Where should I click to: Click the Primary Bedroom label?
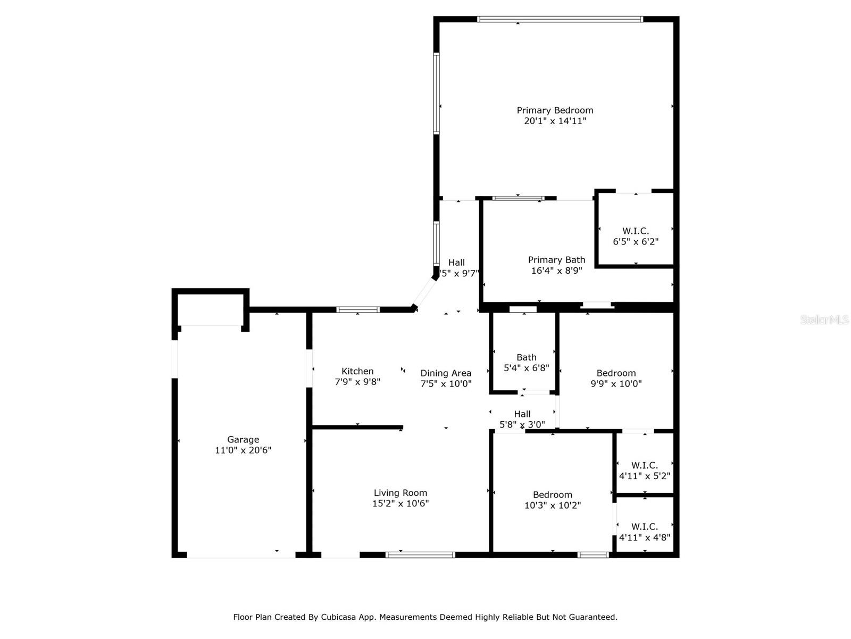(x=555, y=110)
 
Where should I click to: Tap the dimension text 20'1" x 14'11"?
(x=555, y=121)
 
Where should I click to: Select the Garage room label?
(x=243, y=439)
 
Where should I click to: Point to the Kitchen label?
(x=357, y=371)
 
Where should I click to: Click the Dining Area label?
(x=446, y=373)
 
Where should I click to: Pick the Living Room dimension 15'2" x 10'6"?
(x=400, y=503)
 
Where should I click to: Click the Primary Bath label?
(x=556, y=260)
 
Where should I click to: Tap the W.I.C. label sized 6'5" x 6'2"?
(x=636, y=231)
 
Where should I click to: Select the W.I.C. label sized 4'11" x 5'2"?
(x=645, y=465)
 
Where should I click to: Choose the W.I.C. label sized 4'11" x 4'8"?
(x=645, y=527)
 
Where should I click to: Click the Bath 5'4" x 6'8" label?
(x=526, y=357)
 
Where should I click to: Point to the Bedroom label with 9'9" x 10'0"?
(x=616, y=373)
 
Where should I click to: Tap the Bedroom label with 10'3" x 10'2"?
(x=553, y=495)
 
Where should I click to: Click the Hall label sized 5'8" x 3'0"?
(x=522, y=414)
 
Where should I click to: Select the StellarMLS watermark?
(x=824, y=320)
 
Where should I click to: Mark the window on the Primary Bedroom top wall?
(x=560, y=19)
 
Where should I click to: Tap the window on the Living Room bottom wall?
(x=420, y=555)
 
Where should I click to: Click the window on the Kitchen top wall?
(x=358, y=309)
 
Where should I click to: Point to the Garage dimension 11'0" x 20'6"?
(x=243, y=450)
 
